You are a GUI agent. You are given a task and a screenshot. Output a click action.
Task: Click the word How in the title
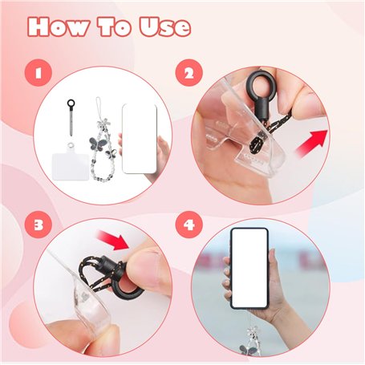point(59,26)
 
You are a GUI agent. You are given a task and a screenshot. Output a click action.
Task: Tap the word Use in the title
point(165,26)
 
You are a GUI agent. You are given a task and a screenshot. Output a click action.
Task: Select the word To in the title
point(114,26)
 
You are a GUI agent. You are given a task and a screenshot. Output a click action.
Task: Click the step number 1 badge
point(39,73)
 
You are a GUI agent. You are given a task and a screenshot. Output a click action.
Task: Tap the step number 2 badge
point(189,73)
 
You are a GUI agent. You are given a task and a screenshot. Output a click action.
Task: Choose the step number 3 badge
point(39,225)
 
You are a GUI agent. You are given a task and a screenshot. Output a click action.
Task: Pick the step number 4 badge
point(189,225)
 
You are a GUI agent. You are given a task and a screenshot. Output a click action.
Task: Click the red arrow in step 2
point(311,144)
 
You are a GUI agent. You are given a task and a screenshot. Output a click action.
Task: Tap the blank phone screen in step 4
point(249,268)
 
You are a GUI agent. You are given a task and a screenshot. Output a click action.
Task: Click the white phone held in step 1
point(140,139)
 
